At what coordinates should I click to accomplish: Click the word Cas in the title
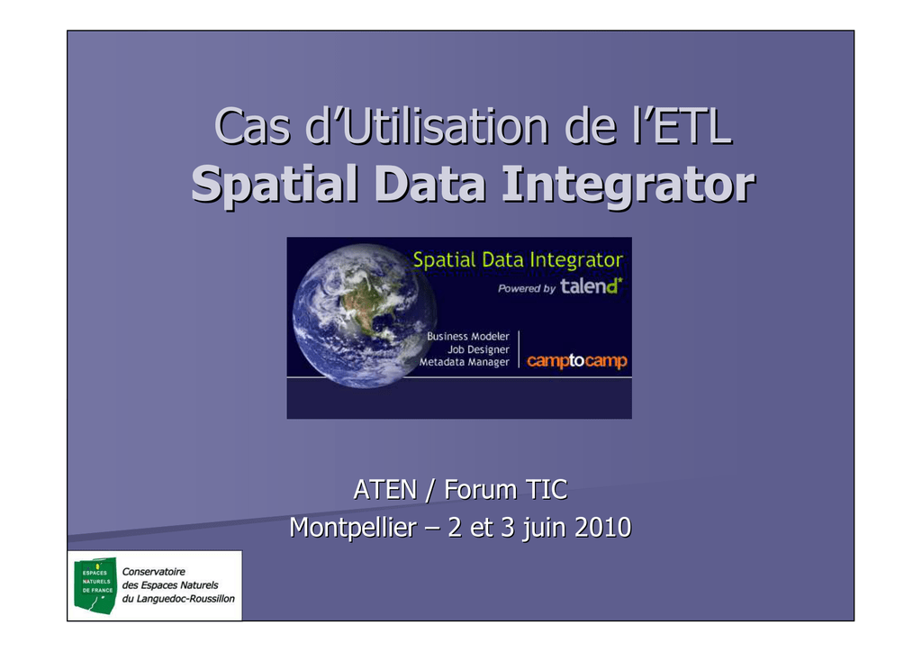[x=252, y=126]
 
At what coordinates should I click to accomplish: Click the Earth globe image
[x=365, y=316]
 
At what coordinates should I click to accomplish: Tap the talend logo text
[x=591, y=286]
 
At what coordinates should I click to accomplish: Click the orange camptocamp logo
[x=577, y=360]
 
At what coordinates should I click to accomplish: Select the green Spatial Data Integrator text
[x=518, y=260]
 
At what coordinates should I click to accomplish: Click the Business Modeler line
[x=468, y=336]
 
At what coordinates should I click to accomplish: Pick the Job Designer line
[x=478, y=349]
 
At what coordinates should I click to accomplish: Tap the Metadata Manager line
[x=464, y=362]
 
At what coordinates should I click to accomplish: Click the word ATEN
[x=385, y=490]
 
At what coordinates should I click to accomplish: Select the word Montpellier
[x=353, y=528]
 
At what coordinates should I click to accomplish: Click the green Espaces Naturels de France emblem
[x=95, y=585]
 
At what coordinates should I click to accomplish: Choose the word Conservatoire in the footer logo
[x=153, y=572]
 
